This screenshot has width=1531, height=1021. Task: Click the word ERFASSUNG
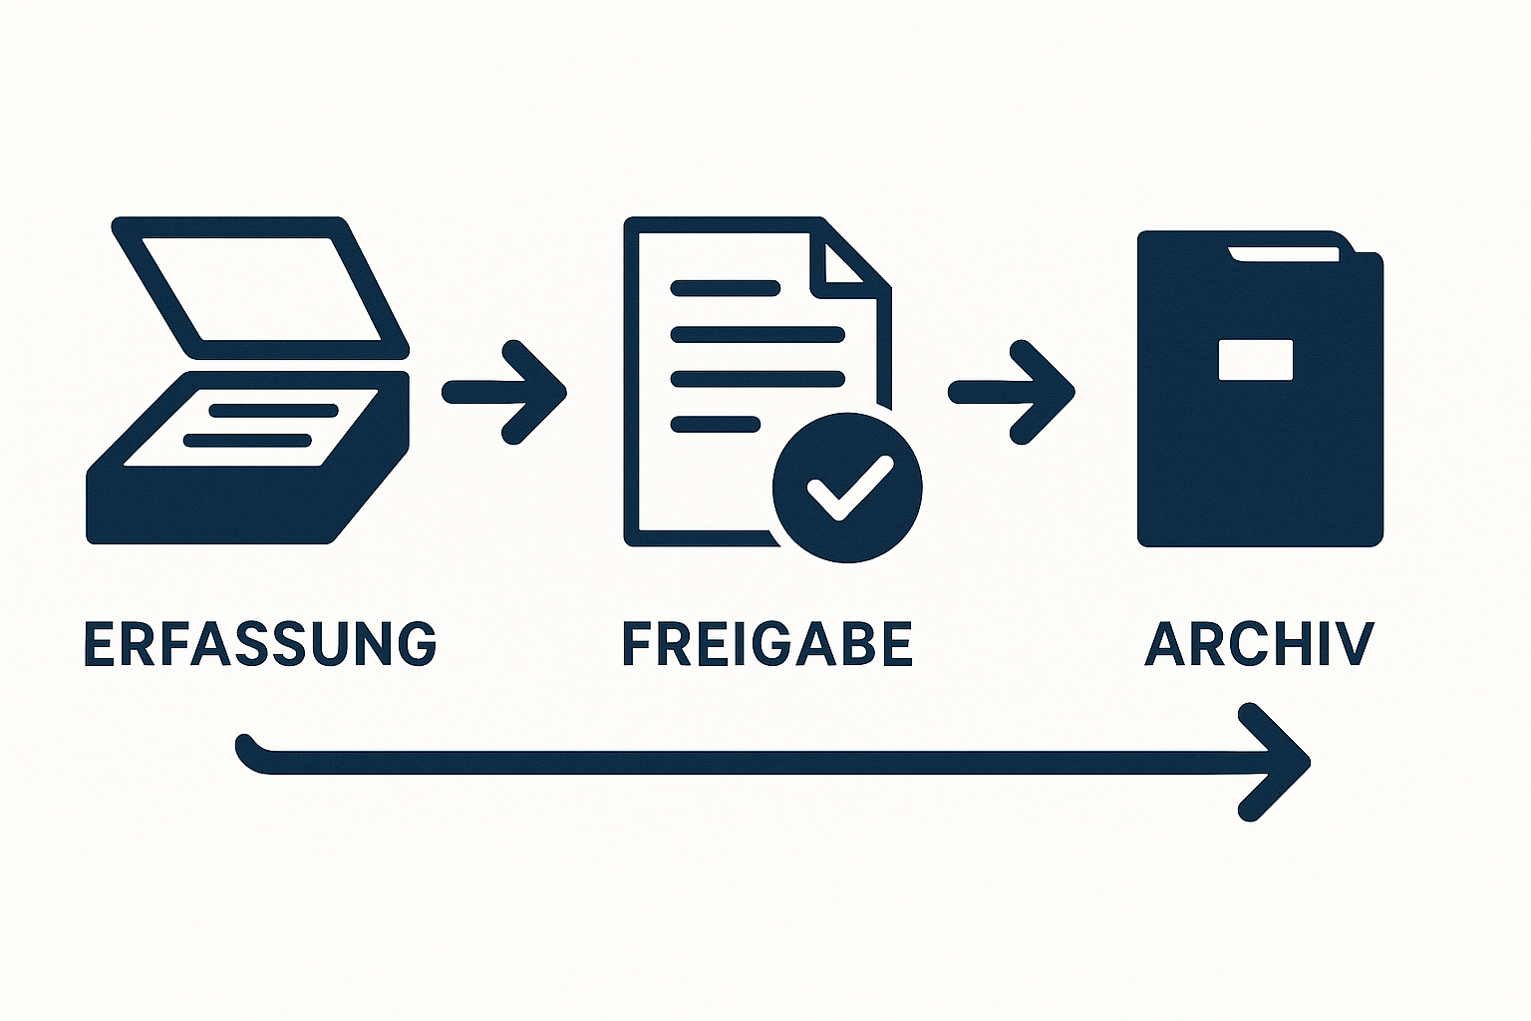(x=260, y=643)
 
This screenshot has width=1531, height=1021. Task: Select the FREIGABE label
(x=767, y=643)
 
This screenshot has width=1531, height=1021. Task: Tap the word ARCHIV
(x=1259, y=643)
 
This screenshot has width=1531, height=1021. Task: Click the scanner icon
(x=247, y=380)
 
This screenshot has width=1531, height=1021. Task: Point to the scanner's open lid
(x=260, y=288)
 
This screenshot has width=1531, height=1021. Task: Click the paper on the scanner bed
(x=251, y=428)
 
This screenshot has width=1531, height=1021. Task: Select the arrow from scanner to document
(x=504, y=393)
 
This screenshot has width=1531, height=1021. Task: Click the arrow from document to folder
(x=1012, y=393)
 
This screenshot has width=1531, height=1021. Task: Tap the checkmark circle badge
(x=847, y=488)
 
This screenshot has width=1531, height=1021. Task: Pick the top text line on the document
(x=726, y=288)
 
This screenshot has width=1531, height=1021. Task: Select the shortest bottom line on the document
(x=716, y=425)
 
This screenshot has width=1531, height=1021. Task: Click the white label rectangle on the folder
(x=1256, y=360)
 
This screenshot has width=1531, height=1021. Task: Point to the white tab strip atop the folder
(x=1283, y=254)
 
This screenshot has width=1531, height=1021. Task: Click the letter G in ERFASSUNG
(x=412, y=643)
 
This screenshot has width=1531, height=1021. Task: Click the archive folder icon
(x=1260, y=389)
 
